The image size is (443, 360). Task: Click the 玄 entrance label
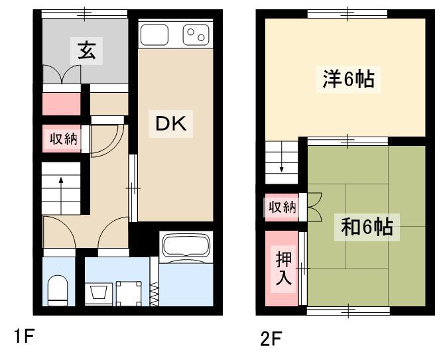point(86,50)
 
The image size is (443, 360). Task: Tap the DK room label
point(171,124)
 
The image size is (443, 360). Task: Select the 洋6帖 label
point(349,80)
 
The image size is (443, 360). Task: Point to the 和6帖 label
point(367,227)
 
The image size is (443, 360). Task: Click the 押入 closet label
point(283,268)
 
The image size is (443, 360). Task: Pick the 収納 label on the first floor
point(63,139)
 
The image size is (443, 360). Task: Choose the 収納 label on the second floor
point(282,207)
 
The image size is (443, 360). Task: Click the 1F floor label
point(24,336)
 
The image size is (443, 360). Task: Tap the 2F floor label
point(271,339)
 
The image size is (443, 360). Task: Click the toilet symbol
point(58,290)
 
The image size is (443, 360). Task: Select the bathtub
point(187,245)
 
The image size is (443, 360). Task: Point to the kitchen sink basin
point(155,34)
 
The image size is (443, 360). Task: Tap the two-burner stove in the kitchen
point(196,34)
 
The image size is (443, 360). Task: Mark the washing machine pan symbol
point(129,293)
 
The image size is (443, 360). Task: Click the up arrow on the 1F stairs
point(61,196)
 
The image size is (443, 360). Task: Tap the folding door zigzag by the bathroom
point(154,295)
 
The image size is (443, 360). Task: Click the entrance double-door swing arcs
point(62,74)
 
